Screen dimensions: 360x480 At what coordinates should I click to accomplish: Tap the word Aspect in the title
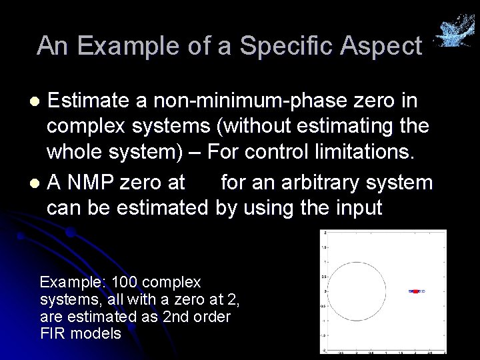click(385, 46)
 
